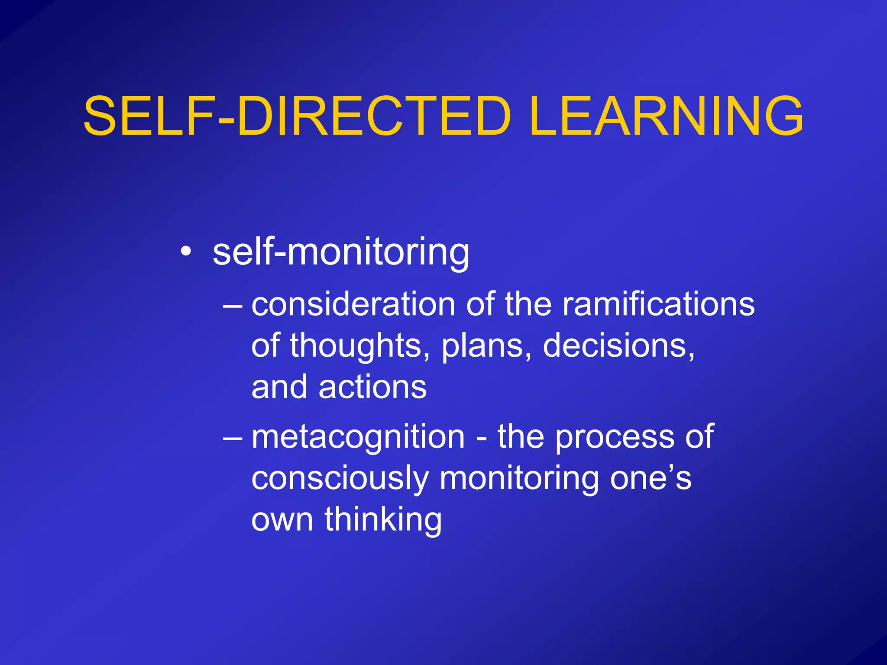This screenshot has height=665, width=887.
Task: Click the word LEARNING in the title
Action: [666, 116]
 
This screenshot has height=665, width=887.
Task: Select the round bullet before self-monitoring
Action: [186, 251]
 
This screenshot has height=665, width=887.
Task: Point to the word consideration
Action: [353, 304]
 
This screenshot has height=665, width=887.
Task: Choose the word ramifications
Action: [658, 304]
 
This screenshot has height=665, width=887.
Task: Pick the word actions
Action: [372, 387]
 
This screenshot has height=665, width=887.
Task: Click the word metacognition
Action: [358, 437]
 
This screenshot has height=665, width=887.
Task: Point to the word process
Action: [614, 438]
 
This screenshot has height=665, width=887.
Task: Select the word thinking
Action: [383, 520]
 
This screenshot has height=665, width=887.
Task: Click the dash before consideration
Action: [233, 305]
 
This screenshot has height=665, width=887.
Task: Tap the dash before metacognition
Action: [233, 437]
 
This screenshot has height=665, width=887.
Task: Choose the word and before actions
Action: [279, 387]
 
